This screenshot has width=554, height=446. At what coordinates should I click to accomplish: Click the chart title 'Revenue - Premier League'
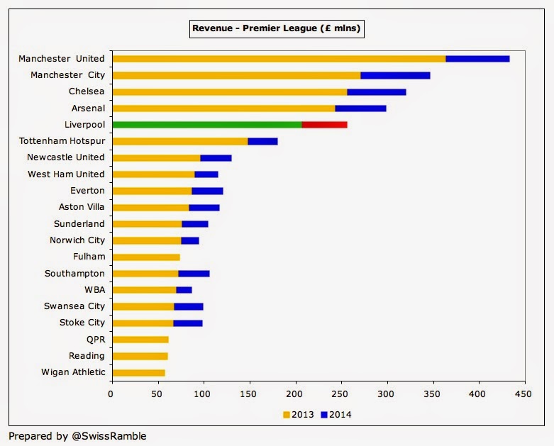click(277, 29)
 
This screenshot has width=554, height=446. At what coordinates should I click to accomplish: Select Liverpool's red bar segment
click(324, 125)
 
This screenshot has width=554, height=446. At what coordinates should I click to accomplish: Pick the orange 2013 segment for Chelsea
click(229, 91)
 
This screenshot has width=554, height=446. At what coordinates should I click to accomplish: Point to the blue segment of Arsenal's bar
click(360, 108)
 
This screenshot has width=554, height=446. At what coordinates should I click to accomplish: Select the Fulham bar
click(146, 257)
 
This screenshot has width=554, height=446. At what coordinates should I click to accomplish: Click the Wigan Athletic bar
click(138, 372)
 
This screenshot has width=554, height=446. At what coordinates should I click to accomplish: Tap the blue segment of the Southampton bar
click(194, 274)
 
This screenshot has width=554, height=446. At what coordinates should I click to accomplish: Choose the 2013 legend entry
click(299, 415)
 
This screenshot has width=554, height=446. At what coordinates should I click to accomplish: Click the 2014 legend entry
click(336, 415)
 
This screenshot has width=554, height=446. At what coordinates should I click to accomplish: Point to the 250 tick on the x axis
click(342, 392)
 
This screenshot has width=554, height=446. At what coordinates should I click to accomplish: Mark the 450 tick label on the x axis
click(525, 392)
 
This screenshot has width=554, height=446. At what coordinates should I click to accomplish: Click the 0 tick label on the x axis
click(111, 392)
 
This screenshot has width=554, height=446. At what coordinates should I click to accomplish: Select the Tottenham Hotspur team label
click(62, 141)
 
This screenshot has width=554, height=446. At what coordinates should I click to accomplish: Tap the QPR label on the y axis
click(95, 340)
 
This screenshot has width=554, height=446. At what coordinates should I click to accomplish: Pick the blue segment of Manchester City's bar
click(395, 75)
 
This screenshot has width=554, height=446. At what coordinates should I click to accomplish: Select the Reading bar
click(140, 356)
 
